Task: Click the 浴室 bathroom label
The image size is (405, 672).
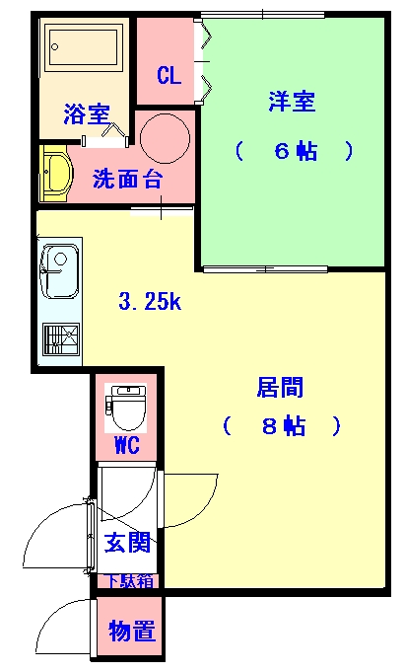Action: click(x=87, y=114)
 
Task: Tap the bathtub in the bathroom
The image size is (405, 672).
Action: click(x=84, y=46)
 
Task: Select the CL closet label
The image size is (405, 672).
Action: click(x=169, y=75)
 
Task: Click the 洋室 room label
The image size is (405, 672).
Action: click(x=292, y=102)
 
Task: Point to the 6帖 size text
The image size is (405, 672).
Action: click(x=296, y=151)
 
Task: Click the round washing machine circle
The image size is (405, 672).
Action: click(x=165, y=138)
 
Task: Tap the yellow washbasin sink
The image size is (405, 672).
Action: click(x=55, y=173)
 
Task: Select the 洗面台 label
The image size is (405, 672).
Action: click(x=127, y=179)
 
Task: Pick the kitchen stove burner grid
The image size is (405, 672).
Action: click(x=61, y=339)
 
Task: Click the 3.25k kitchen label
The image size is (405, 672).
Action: click(x=150, y=302)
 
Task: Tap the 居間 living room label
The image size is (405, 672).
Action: click(x=280, y=387)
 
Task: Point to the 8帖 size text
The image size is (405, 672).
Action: click(x=284, y=426)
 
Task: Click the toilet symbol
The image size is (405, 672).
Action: click(x=126, y=408)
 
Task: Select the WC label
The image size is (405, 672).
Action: click(x=127, y=444)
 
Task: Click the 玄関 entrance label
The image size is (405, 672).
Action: click(x=127, y=542)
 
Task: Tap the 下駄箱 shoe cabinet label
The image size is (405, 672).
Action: click(x=129, y=580)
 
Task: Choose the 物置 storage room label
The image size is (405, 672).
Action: click(x=131, y=631)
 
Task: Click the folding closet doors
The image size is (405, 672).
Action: click(x=204, y=62)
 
